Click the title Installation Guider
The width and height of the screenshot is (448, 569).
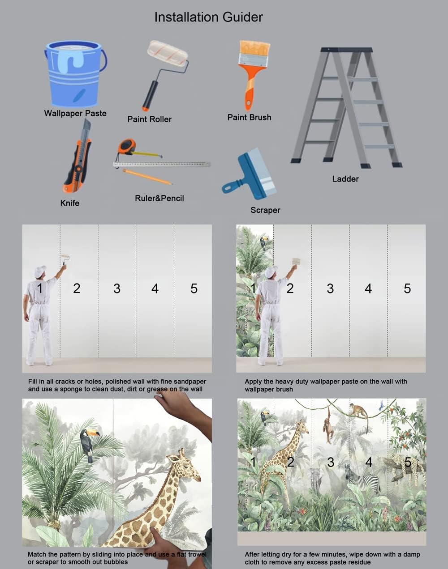(208, 17)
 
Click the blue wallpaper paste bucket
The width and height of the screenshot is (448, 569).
(74, 74)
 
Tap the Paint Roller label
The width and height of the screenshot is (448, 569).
(149, 119)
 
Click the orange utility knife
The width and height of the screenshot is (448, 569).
(78, 159)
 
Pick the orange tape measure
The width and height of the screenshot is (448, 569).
(127, 146)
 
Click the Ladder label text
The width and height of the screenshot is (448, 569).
(345, 179)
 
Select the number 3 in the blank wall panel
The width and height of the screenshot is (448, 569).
(117, 289)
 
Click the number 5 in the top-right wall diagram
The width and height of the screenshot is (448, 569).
(407, 289)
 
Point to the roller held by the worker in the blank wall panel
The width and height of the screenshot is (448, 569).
(65, 258)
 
